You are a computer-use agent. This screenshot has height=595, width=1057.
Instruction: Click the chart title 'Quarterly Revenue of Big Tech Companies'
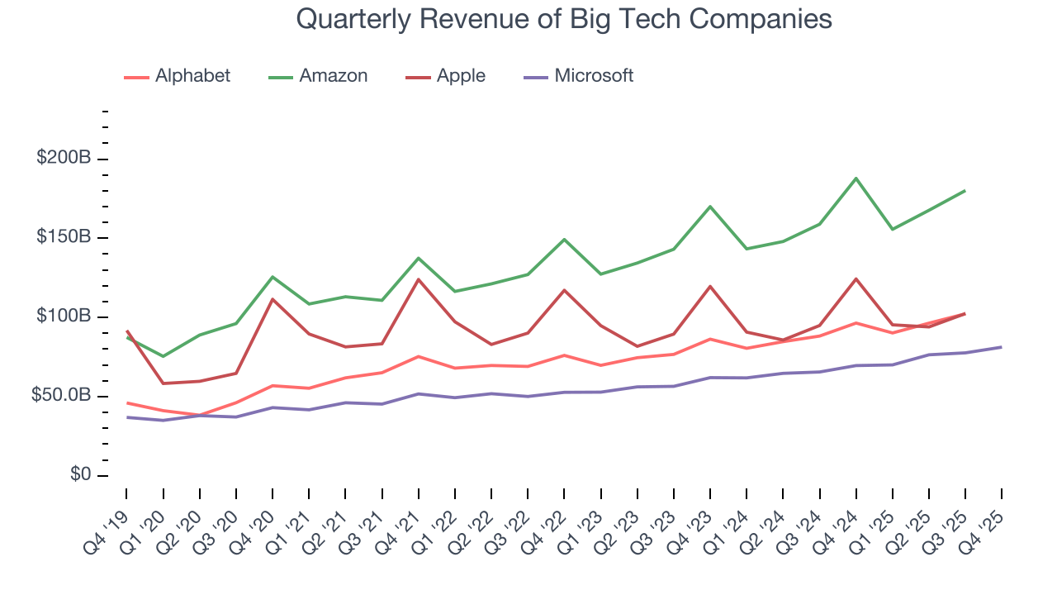click(563, 20)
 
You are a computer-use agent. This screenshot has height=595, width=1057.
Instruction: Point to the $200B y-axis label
click(64, 159)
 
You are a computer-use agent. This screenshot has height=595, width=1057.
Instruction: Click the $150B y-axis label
click(64, 238)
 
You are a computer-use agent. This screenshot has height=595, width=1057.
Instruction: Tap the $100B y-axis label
click(64, 317)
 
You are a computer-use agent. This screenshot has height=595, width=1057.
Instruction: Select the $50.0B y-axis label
click(60, 397)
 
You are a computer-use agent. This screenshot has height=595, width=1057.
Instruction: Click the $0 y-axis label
click(79, 475)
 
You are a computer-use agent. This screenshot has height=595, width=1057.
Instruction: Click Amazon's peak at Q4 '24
click(856, 178)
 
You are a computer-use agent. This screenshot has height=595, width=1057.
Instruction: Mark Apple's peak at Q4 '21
click(418, 279)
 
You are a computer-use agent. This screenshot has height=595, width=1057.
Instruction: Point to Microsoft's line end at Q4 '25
click(1002, 347)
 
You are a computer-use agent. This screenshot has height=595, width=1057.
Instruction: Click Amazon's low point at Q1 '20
click(163, 356)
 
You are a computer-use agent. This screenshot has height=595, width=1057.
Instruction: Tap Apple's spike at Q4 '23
click(710, 287)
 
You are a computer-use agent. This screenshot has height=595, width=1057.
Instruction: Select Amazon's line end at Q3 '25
click(965, 191)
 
